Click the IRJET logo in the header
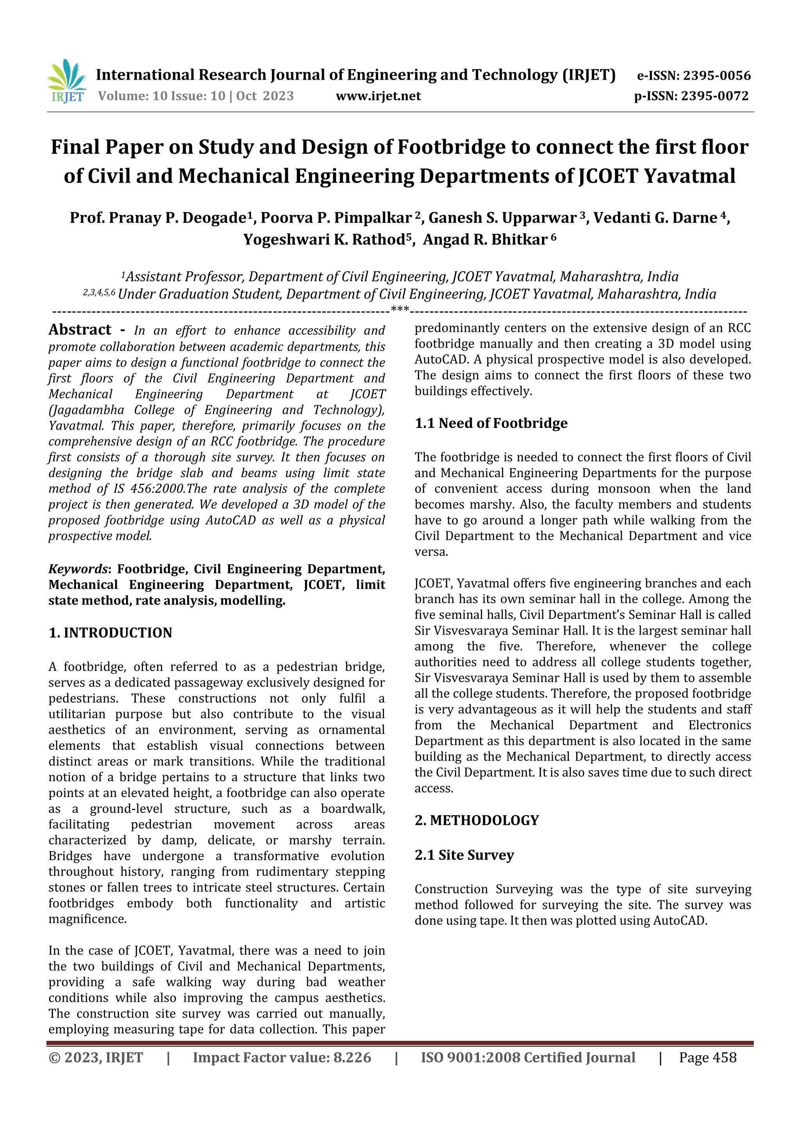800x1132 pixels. [x=66, y=80]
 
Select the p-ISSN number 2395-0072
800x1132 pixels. [x=715, y=96]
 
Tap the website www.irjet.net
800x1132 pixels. [x=378, y=96]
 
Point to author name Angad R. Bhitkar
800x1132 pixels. [x=485, y=240]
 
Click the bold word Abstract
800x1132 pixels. [x=80, y=329]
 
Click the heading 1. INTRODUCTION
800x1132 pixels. [x=111, y=633]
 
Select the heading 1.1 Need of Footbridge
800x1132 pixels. [x=491, y=423]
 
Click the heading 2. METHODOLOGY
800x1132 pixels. [x=477, y=821]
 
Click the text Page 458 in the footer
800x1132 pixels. [x=707, y=1057]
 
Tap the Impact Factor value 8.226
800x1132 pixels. [x=352, y=1057]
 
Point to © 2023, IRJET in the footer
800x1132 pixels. [x=96, y=1057]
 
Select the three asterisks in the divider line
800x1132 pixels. [x=399, y=309]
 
